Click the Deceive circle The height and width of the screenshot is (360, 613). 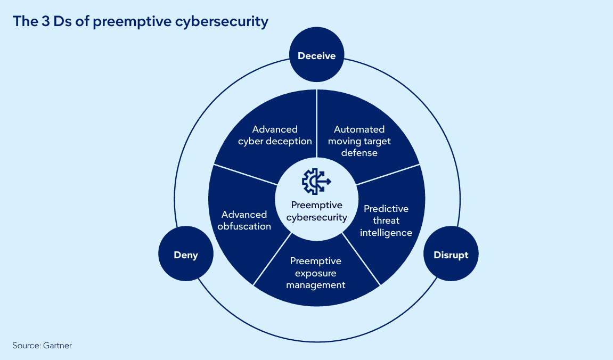point(317,55)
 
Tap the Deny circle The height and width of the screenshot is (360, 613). point(186,253)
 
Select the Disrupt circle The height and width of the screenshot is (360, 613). point(451,253)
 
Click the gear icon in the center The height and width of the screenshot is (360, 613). point(316,182)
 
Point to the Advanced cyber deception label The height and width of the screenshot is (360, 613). point(275,135)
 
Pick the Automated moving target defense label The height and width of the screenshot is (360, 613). point(359,141)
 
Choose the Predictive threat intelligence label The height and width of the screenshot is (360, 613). point(386,220)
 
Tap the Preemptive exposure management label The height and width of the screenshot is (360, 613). point(315,273)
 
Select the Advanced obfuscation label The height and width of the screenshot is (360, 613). point(244,220)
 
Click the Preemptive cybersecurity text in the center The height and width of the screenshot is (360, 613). point(317,211)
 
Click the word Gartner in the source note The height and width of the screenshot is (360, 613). point(58,346)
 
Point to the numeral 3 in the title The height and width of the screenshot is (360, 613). point(45,21)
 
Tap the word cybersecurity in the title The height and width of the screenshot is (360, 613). point(222,22)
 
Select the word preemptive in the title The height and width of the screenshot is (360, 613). point(132,22)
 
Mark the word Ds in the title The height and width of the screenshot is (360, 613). point(62,21)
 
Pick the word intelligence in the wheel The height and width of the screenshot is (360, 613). point(386,233)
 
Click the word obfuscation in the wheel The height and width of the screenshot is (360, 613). point(244,226)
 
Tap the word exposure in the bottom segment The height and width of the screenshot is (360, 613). point(315,273)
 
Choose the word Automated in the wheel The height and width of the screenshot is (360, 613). point(359,129)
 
